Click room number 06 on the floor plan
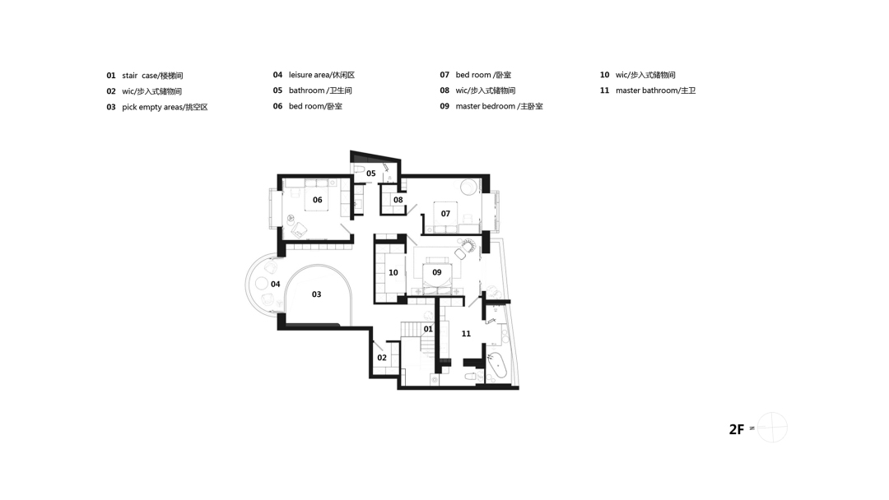click(317, 200)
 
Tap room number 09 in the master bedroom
click(436, 272)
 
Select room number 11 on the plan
click(466, 334)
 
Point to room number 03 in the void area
click(316, 294)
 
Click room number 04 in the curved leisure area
click(275, 285)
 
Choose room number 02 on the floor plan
click(381, 358)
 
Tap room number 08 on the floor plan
click(398, 200)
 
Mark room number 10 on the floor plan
click(393, 272)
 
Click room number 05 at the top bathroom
click(370, 174)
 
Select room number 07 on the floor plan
click(444, 214)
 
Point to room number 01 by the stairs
click(427, 329)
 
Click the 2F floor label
click(737, 429)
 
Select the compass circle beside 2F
click(772, 428)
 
